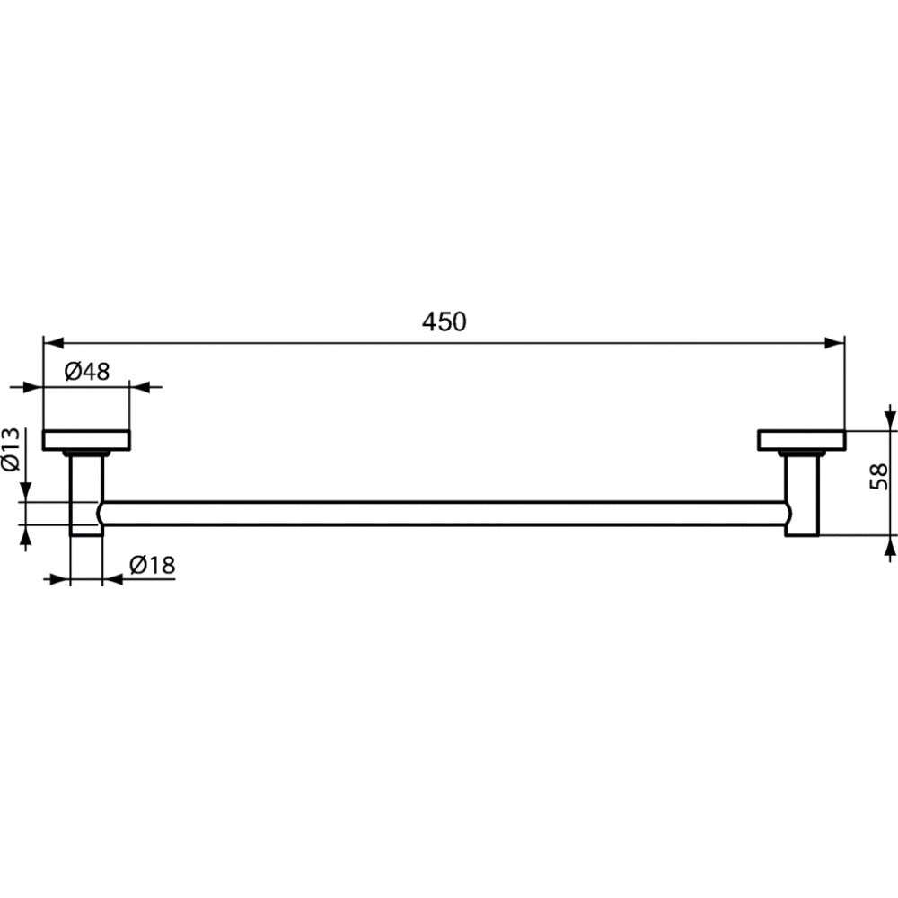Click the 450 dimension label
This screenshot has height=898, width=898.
[x=444, y=321]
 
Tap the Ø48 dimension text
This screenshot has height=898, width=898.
[x=87, y=372]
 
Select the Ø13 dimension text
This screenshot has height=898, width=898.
[x=11, y=449]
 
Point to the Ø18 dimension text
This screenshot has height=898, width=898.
[x=153, y=565]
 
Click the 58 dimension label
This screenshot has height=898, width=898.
[x=878, y=477]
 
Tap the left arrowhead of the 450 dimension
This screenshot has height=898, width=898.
[x=53, y=343]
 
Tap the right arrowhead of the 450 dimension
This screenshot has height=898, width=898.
[x=834, y=343]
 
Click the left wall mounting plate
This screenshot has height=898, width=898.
[x=86, y=440]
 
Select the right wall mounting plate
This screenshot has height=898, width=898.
[x=802, y=440]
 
